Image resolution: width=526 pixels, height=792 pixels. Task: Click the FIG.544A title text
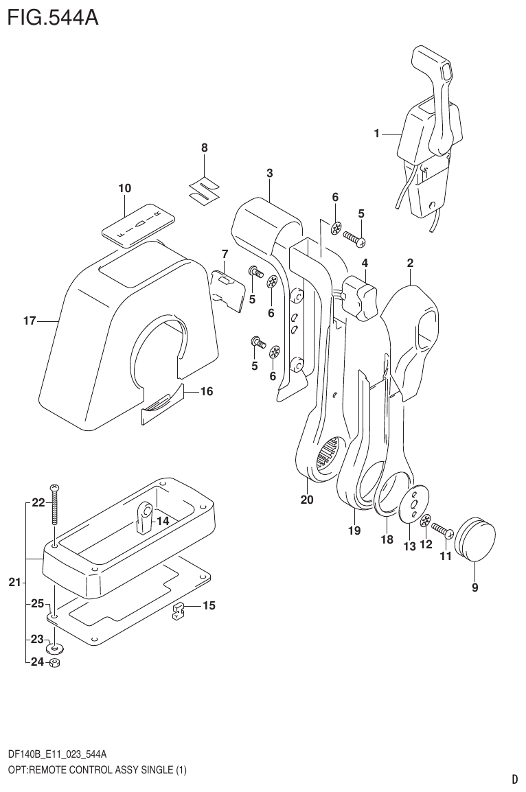[53, 17]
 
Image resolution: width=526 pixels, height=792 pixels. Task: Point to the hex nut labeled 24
[56, 663]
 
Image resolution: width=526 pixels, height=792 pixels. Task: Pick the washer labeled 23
[55, 647]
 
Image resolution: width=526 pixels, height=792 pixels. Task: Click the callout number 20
[306, 500]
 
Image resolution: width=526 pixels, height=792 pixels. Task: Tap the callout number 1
[376, 135]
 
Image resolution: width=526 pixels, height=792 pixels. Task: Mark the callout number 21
[14, 583]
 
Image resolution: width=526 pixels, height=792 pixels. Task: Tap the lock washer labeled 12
[426, 522]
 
